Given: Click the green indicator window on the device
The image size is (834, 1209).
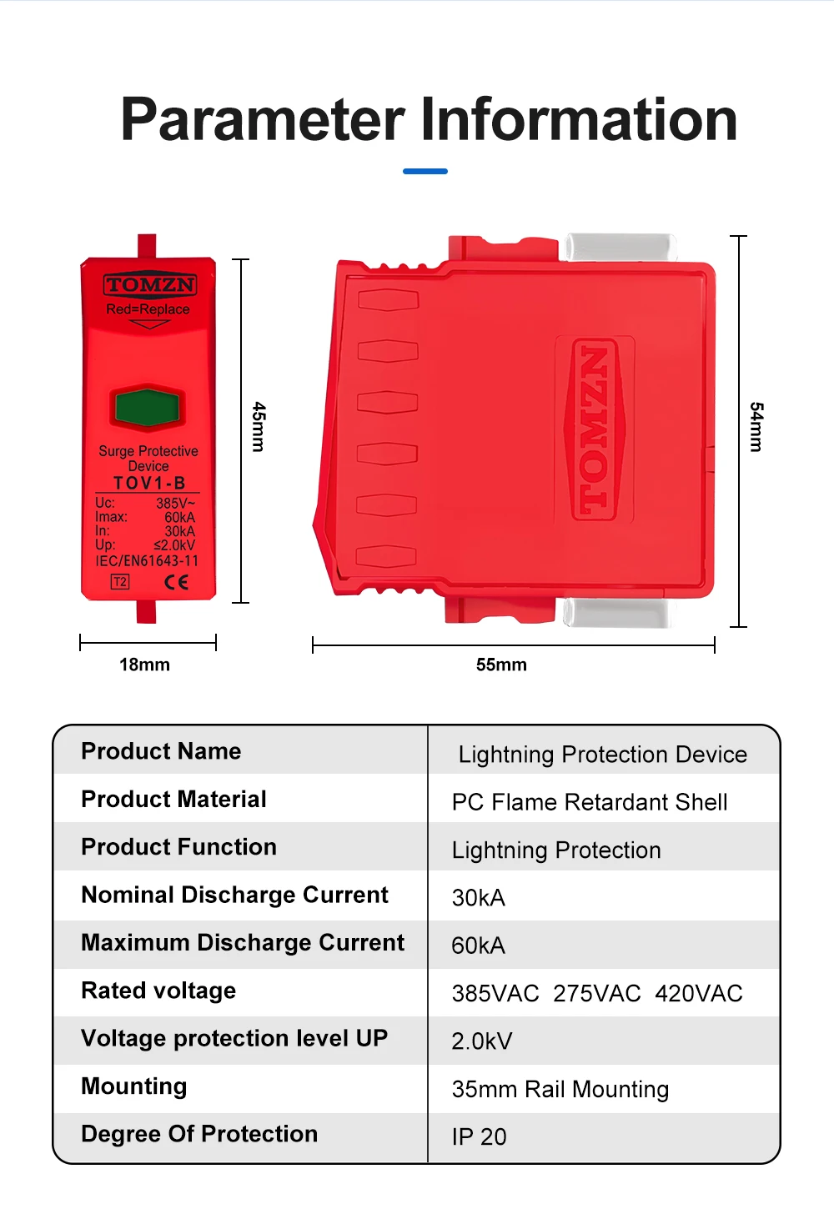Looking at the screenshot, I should [148, 408].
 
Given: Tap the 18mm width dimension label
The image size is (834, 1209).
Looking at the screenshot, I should [144, 665].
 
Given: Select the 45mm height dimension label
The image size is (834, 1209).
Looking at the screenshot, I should [259, 427].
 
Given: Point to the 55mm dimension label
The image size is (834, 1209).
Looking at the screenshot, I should [501, 665].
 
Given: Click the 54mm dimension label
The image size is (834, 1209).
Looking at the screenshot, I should [756, 427].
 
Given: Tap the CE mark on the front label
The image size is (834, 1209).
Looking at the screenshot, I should [176, 582].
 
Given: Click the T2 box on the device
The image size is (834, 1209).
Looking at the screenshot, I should [120, 582].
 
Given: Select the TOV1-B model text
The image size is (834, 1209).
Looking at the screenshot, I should [149, 483].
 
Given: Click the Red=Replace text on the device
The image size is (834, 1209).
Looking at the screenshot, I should [148, 309].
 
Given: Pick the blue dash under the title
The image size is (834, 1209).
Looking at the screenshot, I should [425, 171].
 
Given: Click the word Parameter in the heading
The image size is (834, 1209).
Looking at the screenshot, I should [263, 119].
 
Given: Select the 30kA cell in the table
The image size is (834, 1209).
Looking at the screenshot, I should [479, 898].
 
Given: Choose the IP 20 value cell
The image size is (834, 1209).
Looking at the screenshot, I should [480, 1137].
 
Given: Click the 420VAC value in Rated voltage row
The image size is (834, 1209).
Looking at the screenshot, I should [699, 994].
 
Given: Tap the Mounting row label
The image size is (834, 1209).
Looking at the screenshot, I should [134, 1086].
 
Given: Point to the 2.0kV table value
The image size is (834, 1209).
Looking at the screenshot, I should [482, 1041].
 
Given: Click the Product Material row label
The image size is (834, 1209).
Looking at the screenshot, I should [173, 800].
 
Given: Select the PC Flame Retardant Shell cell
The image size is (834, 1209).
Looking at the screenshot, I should [590, 802].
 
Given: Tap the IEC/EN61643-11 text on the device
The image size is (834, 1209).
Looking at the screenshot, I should [147, 561].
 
